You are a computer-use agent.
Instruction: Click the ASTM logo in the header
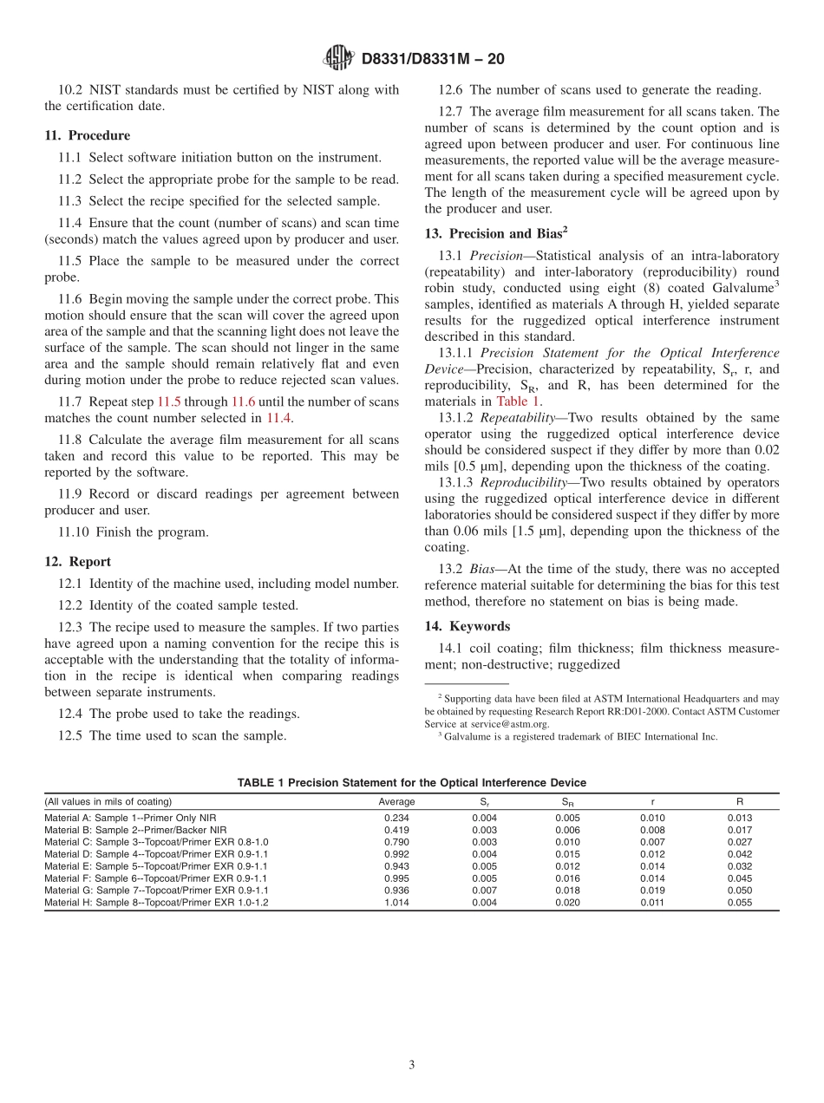[337, 58]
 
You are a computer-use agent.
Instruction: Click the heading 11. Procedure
[87, 135]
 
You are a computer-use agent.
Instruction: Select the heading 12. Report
[77, 562]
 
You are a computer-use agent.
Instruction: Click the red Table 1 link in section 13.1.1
[518, 401]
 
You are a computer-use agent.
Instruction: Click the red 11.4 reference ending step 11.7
[278, 418]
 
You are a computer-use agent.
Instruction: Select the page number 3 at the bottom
[412, 1065]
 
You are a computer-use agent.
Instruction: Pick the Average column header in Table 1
[396, 802]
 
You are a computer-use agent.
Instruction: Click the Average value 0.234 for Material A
[396, 818]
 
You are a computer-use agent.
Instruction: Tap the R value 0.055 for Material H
[740, 903]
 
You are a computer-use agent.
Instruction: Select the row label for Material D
[156, 854]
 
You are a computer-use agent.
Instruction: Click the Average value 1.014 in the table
[396, 903]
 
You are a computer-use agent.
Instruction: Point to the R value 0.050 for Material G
[740, 891]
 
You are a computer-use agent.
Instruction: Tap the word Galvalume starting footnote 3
[466, 736]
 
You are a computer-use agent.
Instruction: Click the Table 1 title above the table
[412, 783]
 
